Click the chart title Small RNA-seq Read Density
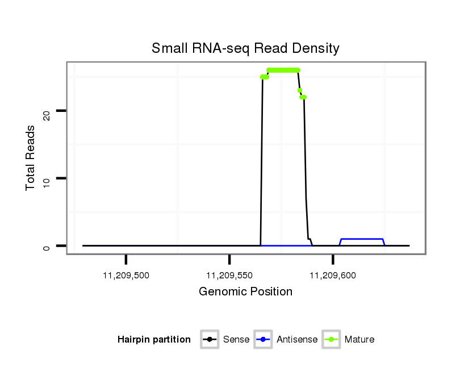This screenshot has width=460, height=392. pos(245,48)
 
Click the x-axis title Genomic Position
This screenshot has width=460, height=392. pos(245,292)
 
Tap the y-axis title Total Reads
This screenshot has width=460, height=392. pos(31,158)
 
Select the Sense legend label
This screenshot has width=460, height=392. pos(236,340)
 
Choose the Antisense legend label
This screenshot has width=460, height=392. pos(297,340)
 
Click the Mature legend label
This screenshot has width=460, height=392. pos(359,340)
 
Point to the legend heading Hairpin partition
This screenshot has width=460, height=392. pos(154,340)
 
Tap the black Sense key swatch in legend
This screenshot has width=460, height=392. pos(210,340)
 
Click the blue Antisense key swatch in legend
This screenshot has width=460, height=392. pos(264,340)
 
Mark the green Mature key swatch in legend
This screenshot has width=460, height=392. pos(331,340)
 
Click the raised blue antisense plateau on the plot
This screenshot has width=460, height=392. pos(362,239)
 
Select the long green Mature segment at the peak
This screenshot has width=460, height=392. pos(283,70)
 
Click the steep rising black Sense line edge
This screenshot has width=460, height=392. pos(262,159)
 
